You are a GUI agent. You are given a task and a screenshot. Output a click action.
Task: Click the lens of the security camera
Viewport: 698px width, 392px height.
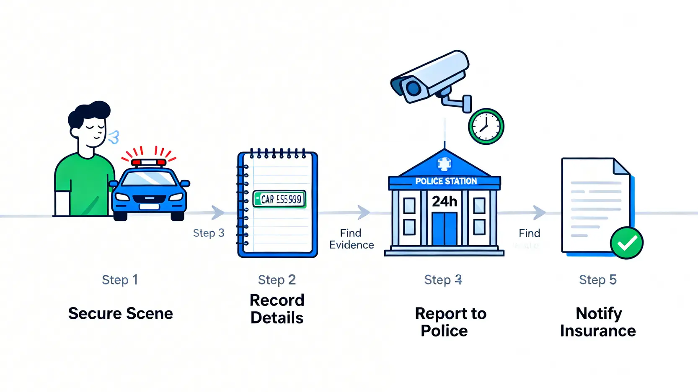pyautogui.click(x=413, y=88)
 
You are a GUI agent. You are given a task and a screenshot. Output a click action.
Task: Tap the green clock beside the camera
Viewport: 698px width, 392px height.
pyautogui.click(x=486, y=126)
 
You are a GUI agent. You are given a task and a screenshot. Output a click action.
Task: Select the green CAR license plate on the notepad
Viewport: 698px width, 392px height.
pyautogui.click(x=279, y=199)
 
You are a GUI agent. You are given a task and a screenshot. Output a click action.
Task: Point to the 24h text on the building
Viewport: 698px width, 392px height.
pyautogui.click(x=445, y=202)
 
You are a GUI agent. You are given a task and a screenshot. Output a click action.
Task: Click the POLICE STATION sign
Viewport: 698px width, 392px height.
pyautogui.click(x=446, y=181)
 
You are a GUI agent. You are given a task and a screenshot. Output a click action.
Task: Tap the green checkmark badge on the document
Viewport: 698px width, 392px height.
pyautogui.click(x=626, y=243)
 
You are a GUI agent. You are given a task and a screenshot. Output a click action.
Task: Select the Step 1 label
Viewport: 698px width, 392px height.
pyautogui.click(x=120, y=280)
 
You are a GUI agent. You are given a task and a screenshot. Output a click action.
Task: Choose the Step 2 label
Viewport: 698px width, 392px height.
pyautogui.click(x=277, y=280)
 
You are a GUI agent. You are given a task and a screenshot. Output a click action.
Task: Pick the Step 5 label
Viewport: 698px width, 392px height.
pyautogui.click(x=597, y=280)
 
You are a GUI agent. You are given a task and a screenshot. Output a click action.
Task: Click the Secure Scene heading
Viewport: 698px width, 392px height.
pyautogui.click(x=120, y=314)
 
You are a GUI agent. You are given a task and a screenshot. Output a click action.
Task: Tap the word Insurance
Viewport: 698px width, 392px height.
pyautogui.click(x=598, y=331)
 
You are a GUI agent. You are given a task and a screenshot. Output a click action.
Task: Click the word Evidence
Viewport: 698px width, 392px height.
pyautogui.click(x=352, y=245)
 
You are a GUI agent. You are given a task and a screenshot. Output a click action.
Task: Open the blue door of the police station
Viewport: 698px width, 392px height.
pyautogui.click(x=445, y=228)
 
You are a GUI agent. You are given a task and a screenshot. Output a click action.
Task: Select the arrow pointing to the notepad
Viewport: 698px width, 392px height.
pyautogui.click(x=217, y=213)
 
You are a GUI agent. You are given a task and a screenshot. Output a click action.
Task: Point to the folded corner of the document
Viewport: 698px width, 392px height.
pyautogui.click(x=621, y=167)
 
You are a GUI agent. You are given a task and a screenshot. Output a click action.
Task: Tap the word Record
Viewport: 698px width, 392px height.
pyautogui.click(x=277, y=300)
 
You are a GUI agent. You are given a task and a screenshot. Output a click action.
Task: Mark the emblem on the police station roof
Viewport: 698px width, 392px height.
pyautogui.click(x=445, y=163)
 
